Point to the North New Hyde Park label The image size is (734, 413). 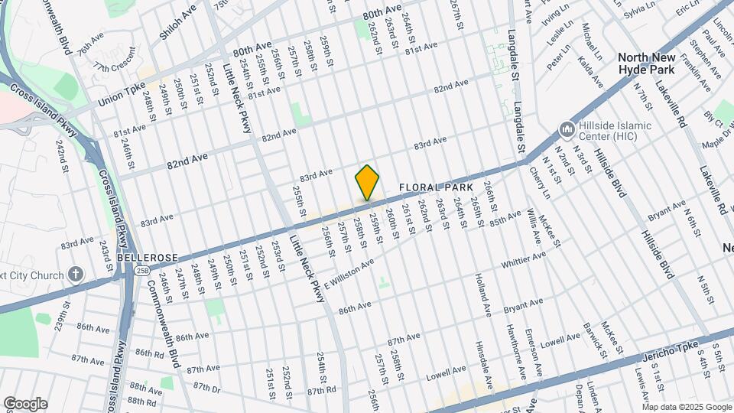647,63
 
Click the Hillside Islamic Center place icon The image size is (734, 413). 567,128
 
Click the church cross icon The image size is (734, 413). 75,273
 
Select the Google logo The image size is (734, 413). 25,404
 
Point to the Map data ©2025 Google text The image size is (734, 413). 686,407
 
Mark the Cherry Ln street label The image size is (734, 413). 540,183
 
